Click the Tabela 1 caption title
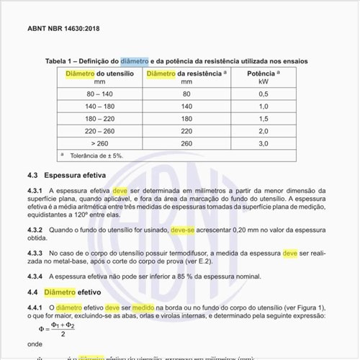[x=176, y=61]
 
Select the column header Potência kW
[x=263, y=77]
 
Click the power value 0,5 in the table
[x=263, y=94]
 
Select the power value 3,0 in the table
[x=263, y=143]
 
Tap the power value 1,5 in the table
[x=263, y=119]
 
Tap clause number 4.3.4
[x=37, y=276]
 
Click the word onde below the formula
[x=35, y=344]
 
